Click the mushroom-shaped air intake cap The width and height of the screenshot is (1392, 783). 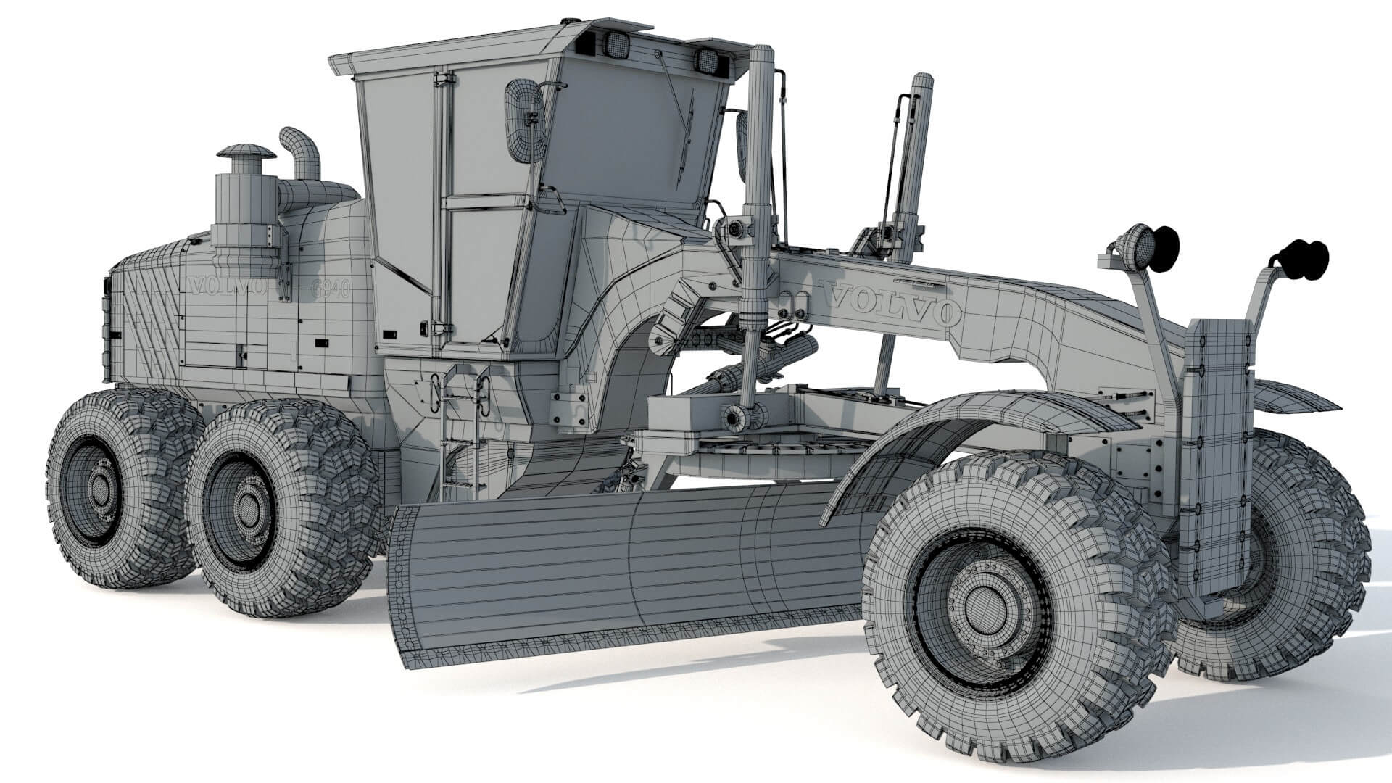[246, 154]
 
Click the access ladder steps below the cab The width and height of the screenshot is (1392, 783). [461, 428]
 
